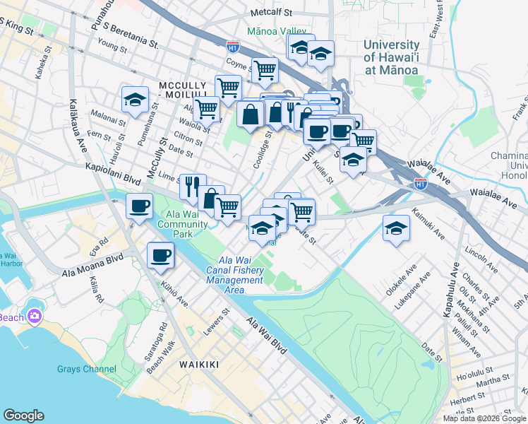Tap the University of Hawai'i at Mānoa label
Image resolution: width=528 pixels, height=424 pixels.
(390, 57)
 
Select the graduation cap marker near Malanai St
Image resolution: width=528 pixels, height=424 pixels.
(135, 100)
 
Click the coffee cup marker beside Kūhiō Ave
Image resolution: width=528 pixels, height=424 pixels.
(160, 255)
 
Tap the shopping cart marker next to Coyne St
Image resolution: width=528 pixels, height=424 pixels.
(265, 70)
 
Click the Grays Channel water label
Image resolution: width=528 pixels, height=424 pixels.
(87, 368)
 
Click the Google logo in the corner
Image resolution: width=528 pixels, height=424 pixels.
(23, 416)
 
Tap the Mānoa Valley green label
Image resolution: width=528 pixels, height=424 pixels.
(280, 31)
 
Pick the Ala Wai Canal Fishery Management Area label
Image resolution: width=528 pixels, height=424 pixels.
(235, 275)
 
